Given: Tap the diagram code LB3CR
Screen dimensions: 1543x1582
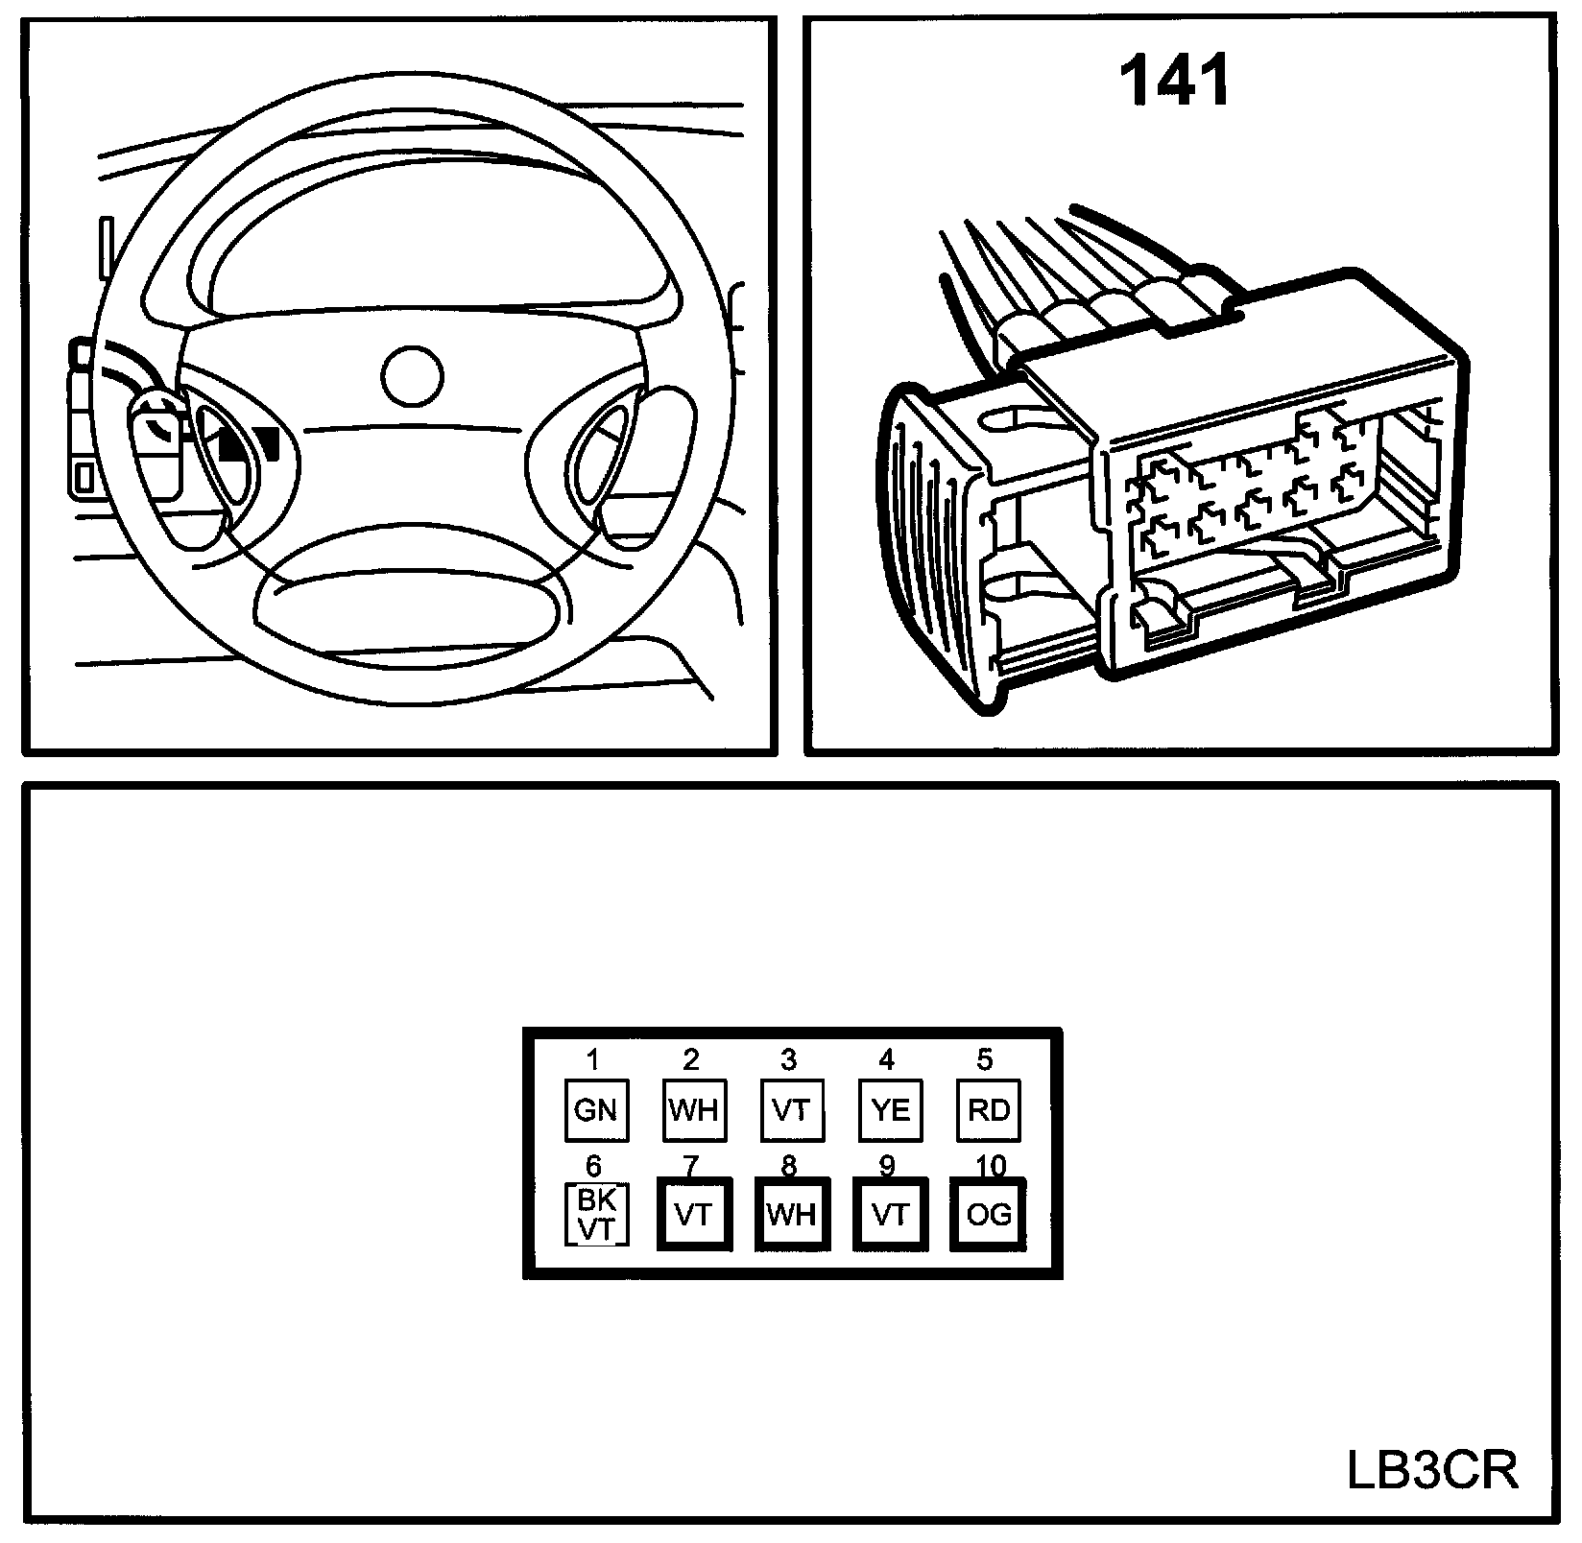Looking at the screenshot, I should click(x=1433, y=1470).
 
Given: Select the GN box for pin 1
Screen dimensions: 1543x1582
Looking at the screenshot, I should click(x=595, y=1110).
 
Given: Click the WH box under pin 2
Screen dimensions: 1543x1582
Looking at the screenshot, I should click(x=693, y=1110).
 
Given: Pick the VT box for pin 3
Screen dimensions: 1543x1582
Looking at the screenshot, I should click(x=791, y=1110).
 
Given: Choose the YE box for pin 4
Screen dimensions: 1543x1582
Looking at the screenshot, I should click(x=890, y=1110).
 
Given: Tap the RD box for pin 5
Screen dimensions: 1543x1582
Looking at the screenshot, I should click(x=988, y=1110).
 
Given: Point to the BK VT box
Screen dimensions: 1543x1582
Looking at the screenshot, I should click(x=595, y=1215).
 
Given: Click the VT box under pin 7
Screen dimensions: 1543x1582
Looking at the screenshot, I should click(x=693, y=1215).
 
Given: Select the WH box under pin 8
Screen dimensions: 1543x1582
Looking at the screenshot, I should click(x=791, y=1215).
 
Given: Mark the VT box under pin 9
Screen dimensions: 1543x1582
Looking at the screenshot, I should click(x=890, y=1215).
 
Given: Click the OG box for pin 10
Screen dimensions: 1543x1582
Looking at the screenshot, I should click(x=988, y=1215).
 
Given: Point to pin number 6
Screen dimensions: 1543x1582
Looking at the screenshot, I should click(x=593, y=1166).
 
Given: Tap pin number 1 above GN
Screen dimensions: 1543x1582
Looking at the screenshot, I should click(x=593, y=1059).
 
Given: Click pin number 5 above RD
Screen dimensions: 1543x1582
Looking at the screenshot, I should click(x=985, y=1059).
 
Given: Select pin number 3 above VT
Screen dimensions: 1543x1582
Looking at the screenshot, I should click(x=788, y=1059).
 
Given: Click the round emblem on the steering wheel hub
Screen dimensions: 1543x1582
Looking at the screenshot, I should click(x=412, y=375).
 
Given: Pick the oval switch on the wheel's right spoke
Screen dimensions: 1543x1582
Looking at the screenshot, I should click(x=600, y=451).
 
